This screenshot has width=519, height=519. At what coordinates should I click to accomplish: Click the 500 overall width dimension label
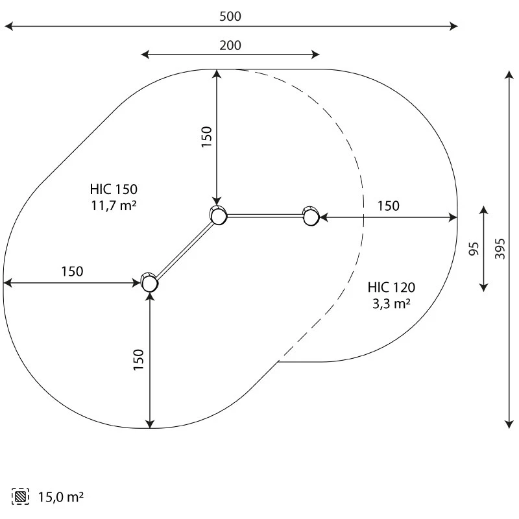click(230, 16)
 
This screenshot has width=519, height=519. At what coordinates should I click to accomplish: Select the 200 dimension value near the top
click(230, 45)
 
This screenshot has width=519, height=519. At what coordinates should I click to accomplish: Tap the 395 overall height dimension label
click(500, 248)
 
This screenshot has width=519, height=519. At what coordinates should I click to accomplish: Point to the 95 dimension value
click(474, 249)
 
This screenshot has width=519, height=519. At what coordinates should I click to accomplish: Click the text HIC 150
click(114, 189)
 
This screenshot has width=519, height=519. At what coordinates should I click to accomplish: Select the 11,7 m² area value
click(114, 206)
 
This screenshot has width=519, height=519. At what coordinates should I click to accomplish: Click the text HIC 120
click(391, 287)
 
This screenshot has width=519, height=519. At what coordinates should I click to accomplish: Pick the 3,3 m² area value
click(391, 304)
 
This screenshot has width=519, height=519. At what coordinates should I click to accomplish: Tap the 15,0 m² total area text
click(60, 497)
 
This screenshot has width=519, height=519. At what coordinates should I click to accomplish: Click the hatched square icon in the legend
click(20, 496)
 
